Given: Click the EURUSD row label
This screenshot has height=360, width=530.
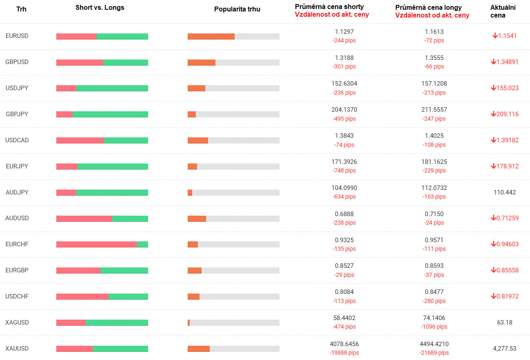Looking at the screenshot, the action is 17,36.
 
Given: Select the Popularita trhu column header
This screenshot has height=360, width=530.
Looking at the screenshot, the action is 237,9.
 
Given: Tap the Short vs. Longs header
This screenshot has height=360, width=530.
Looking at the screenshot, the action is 100,8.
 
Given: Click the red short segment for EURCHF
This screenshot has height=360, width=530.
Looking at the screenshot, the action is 97,244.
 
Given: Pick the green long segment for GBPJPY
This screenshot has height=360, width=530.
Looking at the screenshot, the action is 110,114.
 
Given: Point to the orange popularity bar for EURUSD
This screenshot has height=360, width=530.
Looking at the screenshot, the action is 211,36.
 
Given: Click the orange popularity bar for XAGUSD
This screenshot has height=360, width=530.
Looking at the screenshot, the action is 189,322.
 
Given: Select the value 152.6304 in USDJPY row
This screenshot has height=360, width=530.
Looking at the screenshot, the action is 344,84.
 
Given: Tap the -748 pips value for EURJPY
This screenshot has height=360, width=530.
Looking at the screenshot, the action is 344,170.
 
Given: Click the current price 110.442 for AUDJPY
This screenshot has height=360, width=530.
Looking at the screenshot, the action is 504,192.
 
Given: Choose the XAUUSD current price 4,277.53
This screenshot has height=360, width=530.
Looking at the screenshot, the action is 504,349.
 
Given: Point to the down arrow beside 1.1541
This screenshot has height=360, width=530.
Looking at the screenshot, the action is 495,36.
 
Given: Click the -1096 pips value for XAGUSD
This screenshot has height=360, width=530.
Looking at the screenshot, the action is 434,327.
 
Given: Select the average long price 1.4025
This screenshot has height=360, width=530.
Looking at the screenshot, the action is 434,136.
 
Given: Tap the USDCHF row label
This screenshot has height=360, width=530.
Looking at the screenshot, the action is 17,296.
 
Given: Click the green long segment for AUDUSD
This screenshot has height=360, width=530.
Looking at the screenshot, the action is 130,219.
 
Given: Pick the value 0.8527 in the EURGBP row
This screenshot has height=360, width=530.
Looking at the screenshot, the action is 344,266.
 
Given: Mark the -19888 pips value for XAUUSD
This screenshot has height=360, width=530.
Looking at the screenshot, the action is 344,353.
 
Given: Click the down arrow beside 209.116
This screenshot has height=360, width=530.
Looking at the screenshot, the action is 493,114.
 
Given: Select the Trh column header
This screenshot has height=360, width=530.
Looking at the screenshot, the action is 21,9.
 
